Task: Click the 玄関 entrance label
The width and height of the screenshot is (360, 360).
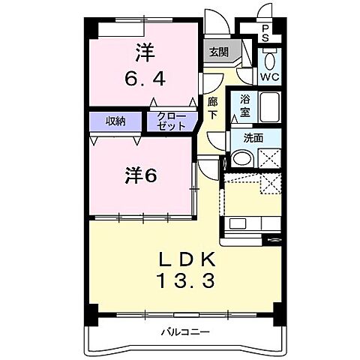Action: click(218, 53)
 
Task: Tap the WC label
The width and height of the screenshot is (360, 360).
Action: click(270, 77)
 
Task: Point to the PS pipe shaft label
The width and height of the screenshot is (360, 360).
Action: click(265, 31)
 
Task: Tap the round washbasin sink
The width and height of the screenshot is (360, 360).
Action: click(242, 158)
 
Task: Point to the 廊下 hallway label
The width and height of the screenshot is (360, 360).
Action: click(212, 106)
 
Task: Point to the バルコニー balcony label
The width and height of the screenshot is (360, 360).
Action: click(184, 331)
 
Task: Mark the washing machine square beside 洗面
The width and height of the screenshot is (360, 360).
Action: click(268, 158)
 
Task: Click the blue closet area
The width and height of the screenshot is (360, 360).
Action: click(171, 121)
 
